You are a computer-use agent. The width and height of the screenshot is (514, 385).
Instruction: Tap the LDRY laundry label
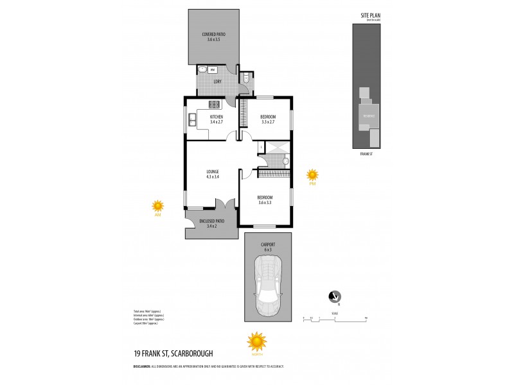click(x=217, y=81)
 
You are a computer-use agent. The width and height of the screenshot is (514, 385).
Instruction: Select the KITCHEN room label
click(x=215, y=117)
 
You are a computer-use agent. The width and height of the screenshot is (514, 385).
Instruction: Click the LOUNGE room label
click(x=213, y=171)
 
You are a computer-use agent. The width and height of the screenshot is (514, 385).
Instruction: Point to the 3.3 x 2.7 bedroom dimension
click(x=267, y=122)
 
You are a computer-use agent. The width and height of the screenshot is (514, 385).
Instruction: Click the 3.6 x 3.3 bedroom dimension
click(x=265, y=202)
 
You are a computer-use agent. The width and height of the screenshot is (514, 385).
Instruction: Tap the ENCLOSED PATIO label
click(x=211, y=221)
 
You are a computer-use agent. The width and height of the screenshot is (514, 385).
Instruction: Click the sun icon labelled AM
click(x=157, y=206)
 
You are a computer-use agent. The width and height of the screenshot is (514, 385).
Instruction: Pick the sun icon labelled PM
click(x=312, y=174)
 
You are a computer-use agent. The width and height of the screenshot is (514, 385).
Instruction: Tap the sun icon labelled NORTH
click(x=256, y=340)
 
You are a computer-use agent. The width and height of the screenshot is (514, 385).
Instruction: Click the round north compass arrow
click(x=334, y=296)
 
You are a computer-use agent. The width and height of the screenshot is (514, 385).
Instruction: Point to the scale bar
click(x=333, y=318)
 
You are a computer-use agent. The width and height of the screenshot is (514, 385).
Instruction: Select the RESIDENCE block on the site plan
click(x=368, y=116)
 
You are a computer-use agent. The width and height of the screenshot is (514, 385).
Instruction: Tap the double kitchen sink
click(x=191, y=117)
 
